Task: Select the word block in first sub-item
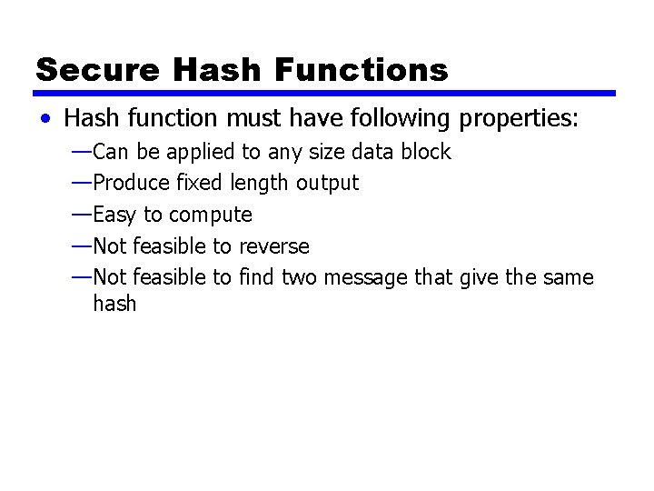(426, 151)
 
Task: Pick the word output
(327, 183)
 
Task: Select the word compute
(211, 215)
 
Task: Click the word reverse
(275, 246)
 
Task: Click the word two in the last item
(299, 277)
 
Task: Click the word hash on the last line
(114, 303)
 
